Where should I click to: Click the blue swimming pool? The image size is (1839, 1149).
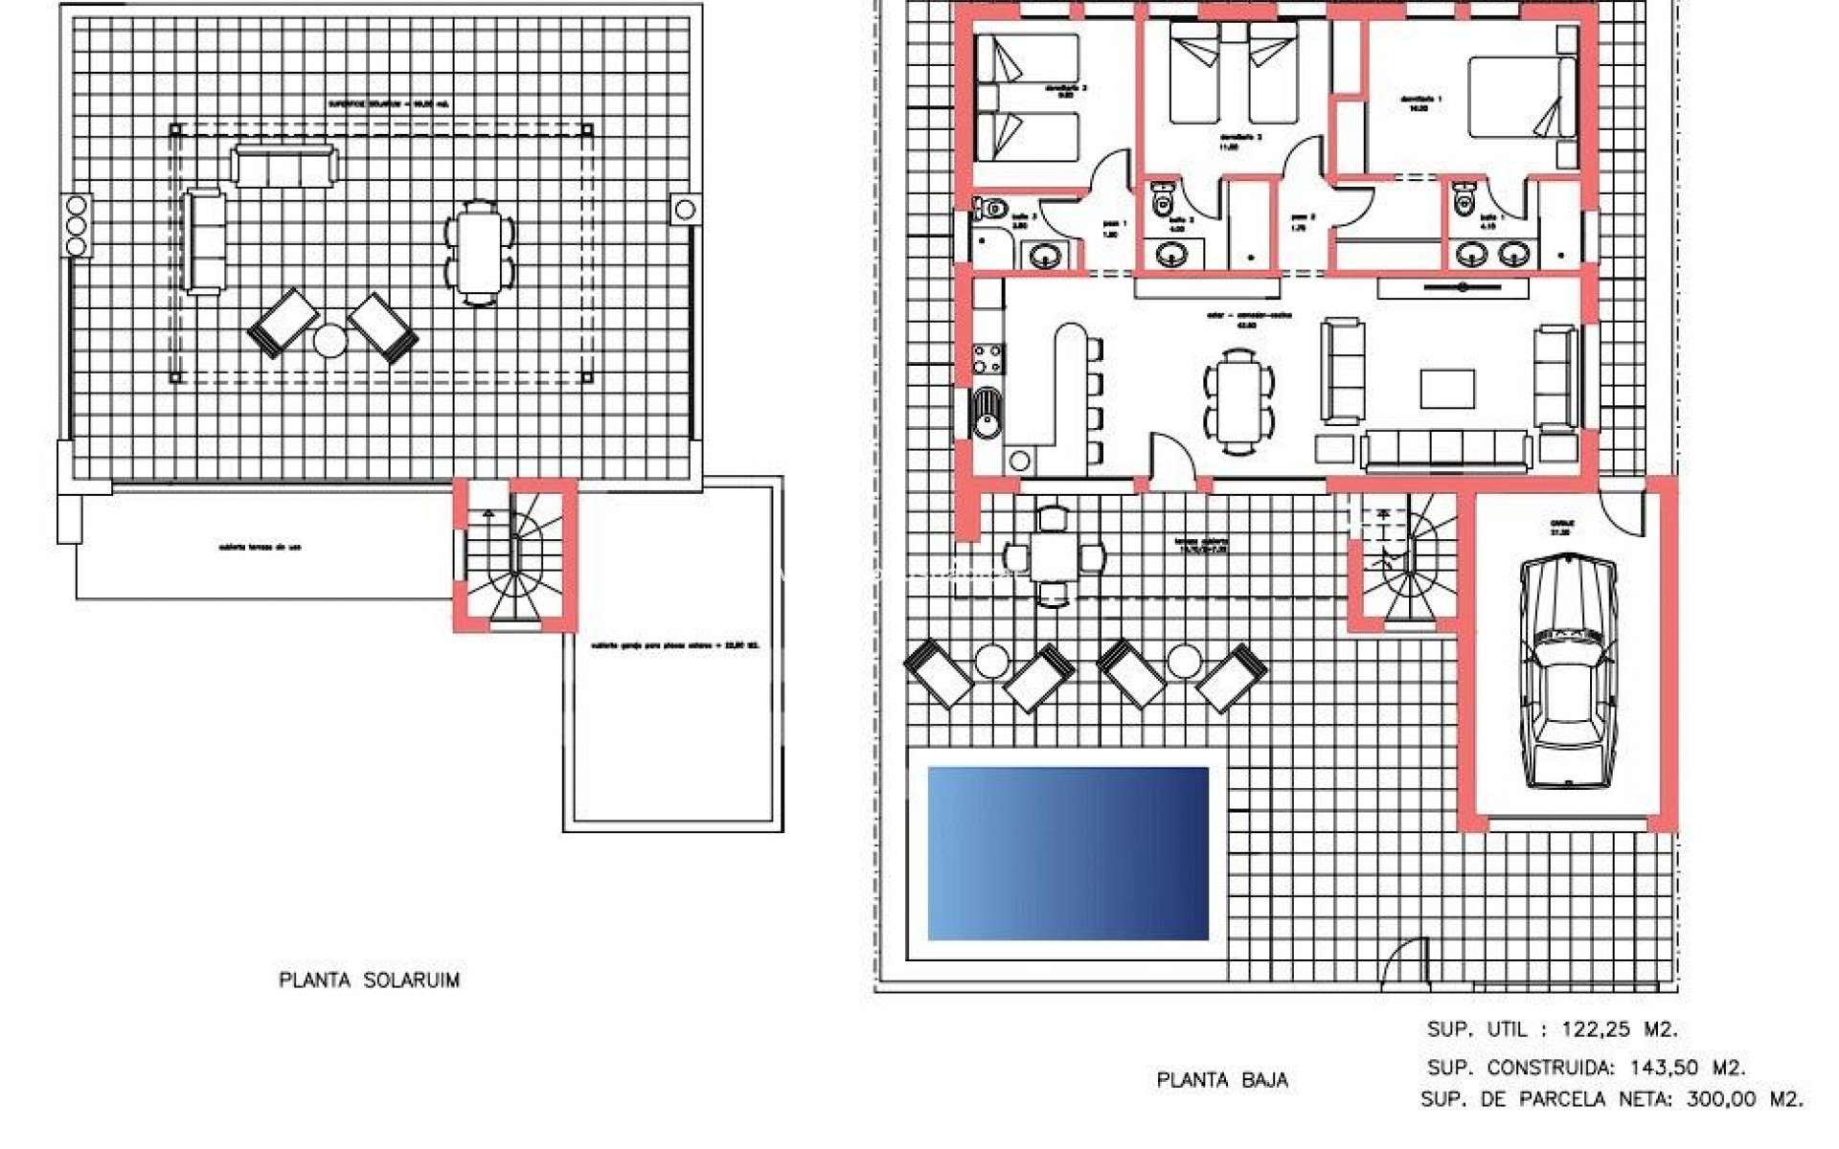tap(1068, 852)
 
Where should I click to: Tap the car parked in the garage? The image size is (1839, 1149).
tap(1569, 672)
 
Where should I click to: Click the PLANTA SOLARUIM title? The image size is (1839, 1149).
tap(369, 980)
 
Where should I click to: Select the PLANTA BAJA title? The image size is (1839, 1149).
tap(1222, 1080)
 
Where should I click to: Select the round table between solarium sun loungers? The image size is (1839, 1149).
tap(331, 341)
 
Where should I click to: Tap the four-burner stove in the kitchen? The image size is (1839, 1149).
tap(988, 359)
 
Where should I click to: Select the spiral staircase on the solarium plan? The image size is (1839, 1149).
tap(515, 557)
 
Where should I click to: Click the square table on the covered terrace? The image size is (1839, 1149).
tap(1052, 557)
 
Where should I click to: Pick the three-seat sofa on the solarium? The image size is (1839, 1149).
tap(284, 166)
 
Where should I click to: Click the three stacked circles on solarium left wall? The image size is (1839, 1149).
tap(76, 226)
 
